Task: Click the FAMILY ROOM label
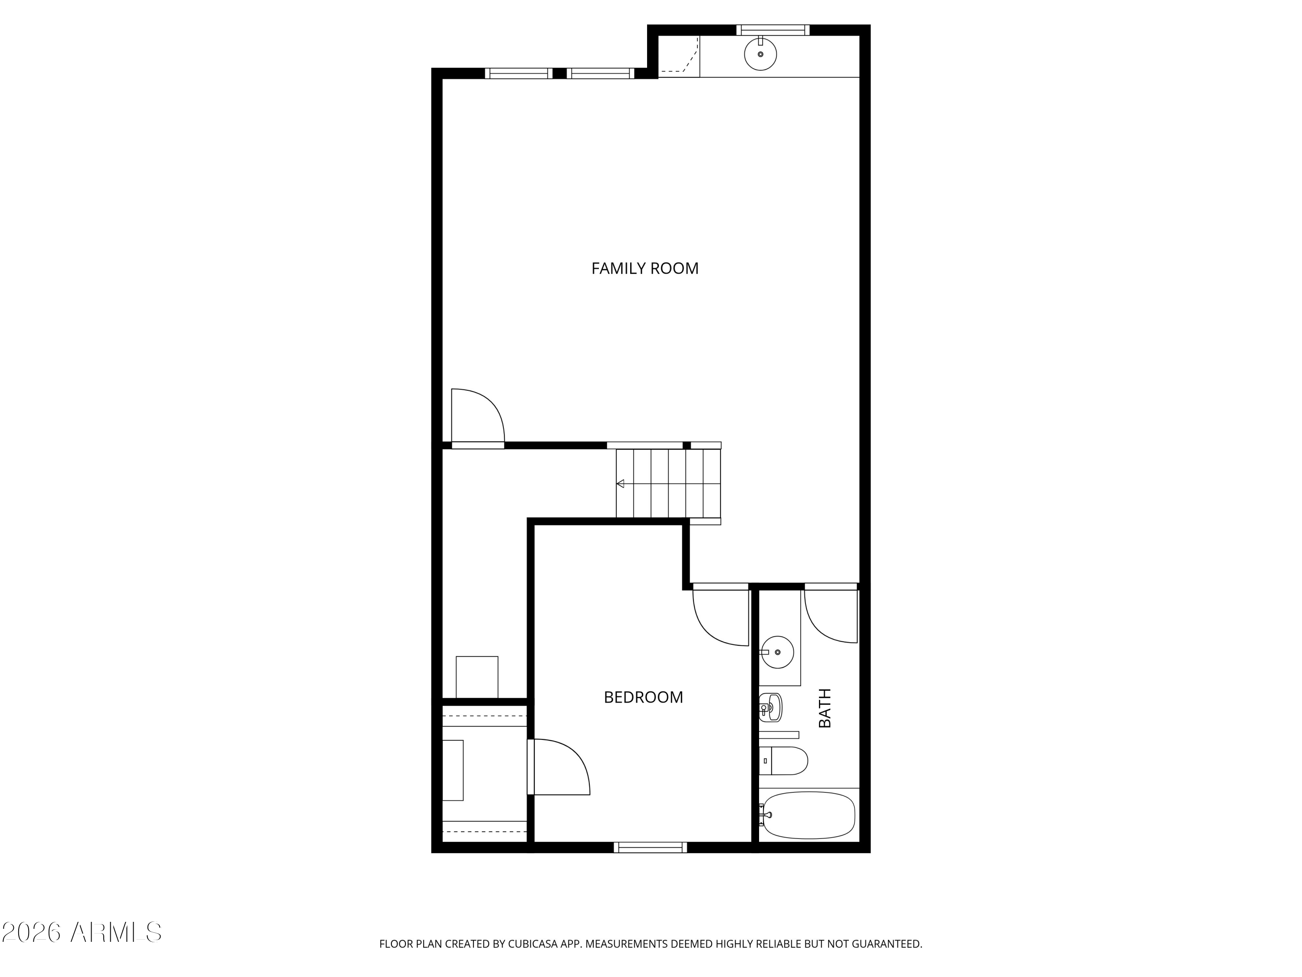pos(644,268)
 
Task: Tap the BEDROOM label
pos(643,697)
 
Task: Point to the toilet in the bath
pos(786,761)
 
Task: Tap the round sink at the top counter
pos(760,54)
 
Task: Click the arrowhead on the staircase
pos(620,483)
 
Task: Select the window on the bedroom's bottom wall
pos(651,848)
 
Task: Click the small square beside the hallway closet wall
pos(477,677)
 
